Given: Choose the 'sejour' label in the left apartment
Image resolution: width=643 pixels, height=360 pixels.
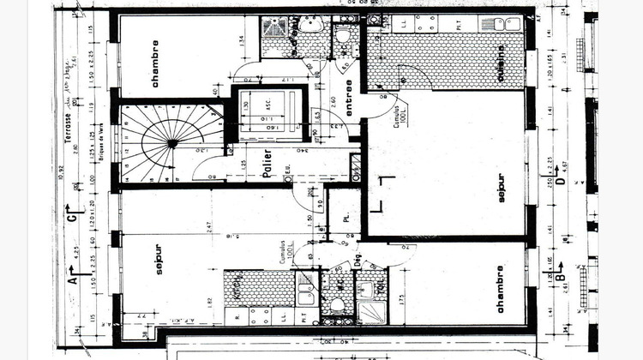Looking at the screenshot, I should click(159, 261).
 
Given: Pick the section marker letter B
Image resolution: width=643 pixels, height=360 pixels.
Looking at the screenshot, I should click(559, 279).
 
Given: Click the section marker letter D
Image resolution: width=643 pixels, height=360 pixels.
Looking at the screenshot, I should click(559, 181).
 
